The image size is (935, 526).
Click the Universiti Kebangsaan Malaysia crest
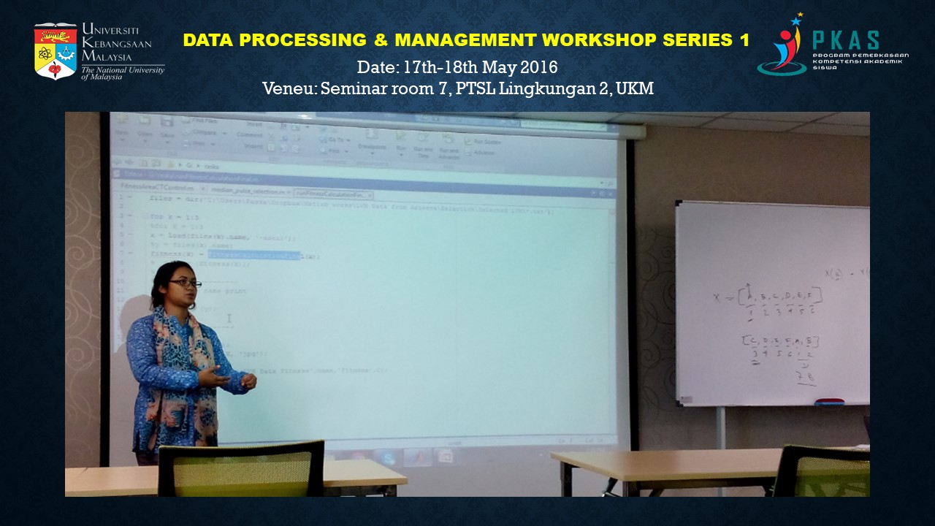(56, 50)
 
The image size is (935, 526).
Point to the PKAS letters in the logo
(846, 41)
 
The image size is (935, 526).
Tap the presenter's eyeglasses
(185, 283)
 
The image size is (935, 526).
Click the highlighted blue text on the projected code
(253, 255)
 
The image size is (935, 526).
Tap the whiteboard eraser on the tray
(828, 401)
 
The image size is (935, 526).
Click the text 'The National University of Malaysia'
(122, 72)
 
